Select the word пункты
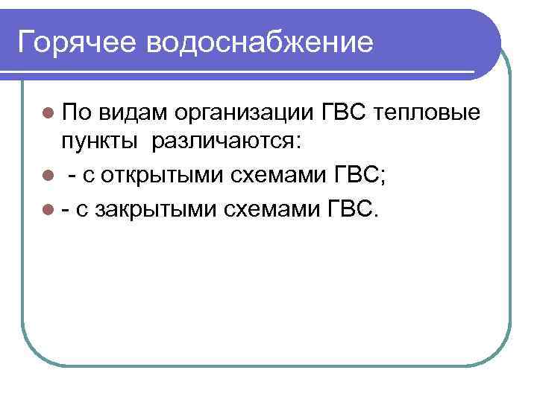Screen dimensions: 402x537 click(98, 141)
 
